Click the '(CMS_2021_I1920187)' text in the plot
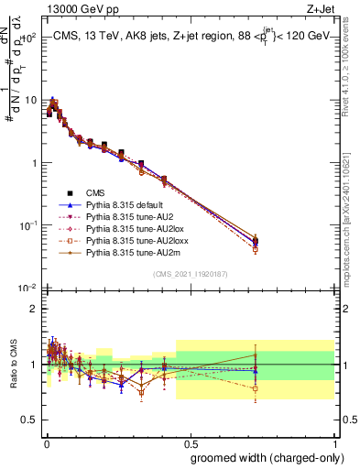click(190, 274)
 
